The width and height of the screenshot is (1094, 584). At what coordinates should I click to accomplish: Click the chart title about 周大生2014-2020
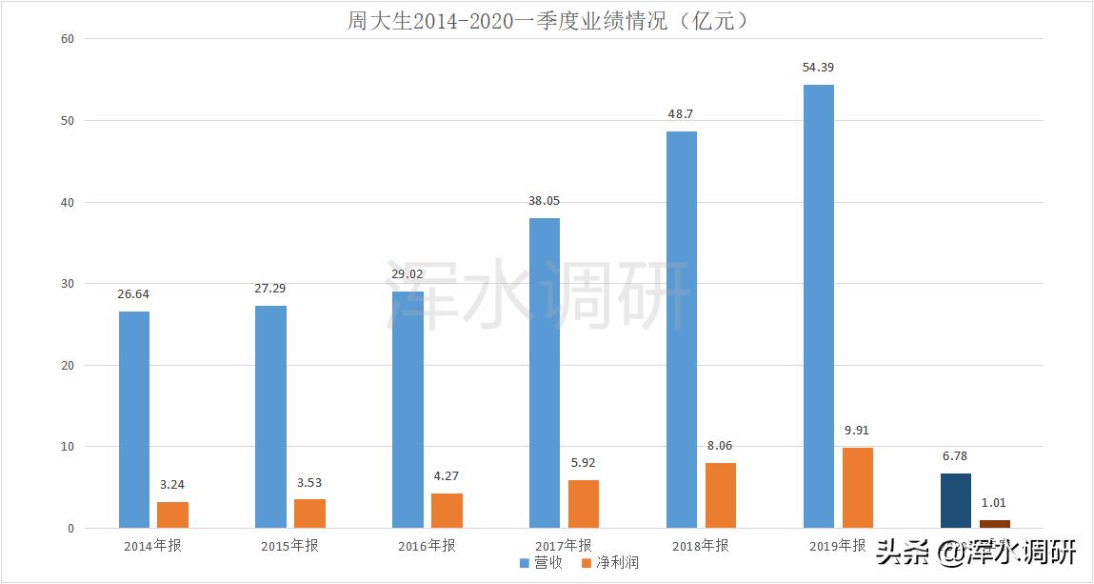[547, 20]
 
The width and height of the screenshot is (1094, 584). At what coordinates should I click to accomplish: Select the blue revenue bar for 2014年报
[134, 419]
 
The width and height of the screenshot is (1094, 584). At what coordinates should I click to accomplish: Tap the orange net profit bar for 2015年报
[309, 514]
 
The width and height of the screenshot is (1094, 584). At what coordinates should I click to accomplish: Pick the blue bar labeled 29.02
[408, 410]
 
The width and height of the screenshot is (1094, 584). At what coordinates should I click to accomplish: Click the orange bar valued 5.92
[584, 504]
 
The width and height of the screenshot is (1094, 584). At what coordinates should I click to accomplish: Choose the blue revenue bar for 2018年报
[682, 330]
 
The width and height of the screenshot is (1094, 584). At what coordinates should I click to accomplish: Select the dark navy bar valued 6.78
[955, 500]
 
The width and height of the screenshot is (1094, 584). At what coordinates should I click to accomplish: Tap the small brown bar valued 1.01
[995, 524]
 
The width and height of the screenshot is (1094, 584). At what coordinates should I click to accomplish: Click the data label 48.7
[681, 113]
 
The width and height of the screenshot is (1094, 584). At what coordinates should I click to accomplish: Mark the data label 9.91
[857, 431]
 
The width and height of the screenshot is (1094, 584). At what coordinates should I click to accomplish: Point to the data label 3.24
[173, 485]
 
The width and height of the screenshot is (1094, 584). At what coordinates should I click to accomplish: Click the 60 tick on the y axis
[67, 39]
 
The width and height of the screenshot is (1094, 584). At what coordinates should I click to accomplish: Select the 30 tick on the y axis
[67, 284]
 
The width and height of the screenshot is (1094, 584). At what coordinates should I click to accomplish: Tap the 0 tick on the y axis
[70, 529]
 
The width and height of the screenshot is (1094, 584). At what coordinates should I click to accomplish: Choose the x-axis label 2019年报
[838, 547]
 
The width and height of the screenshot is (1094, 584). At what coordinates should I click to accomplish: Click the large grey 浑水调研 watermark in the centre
[538, 295]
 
